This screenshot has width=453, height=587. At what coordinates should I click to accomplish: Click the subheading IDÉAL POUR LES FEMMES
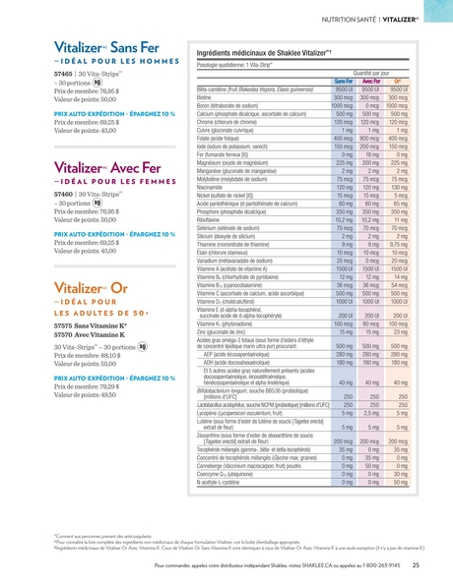[98, 182]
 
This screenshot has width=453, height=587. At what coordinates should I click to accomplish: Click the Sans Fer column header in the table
[341, 81]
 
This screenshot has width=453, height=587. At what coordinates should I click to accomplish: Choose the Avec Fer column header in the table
[370, 81]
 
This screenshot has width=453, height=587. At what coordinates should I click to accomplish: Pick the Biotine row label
[207, 98]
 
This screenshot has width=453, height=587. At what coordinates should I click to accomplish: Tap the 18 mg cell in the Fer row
[370, 155]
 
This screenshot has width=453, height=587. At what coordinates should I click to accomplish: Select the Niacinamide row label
[214, 186]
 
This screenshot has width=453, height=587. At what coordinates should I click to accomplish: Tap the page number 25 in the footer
[416, 565]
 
